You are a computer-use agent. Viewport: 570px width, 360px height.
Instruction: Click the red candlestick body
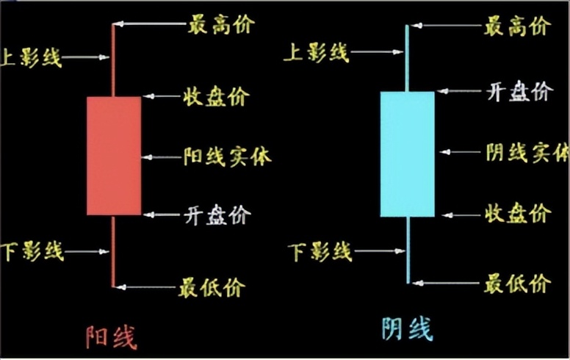click(114, 156)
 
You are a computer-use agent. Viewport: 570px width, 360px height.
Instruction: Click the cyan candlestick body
click(407, 154)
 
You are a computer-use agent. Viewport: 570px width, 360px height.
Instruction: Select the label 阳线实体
click(227, 156)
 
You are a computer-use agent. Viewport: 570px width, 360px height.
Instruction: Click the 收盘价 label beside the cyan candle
click(517, 214)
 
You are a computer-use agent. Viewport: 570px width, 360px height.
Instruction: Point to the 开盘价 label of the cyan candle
click(518, 91)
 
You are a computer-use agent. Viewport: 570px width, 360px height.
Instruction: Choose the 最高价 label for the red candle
click(220, 25)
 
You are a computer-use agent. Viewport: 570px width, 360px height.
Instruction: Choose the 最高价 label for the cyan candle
click(517, 28)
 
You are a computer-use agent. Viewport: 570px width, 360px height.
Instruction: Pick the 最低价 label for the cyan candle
click(517, 282)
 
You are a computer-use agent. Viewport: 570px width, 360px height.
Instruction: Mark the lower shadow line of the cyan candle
click(408, 250)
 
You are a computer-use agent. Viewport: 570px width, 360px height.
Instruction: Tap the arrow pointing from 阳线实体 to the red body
click(161, 156)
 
